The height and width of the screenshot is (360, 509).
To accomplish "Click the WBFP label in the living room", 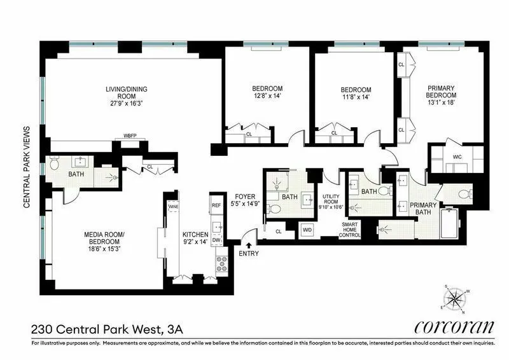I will point(130,136).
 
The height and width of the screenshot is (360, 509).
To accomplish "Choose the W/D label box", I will point(307,229).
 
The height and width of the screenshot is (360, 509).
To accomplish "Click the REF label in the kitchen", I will point(216,205).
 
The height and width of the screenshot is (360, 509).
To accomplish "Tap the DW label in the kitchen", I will point(216,240).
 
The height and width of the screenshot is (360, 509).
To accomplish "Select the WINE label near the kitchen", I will point(172,207).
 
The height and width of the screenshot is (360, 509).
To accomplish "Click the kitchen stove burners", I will point(223,263).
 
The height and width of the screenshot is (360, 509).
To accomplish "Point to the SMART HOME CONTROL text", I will point(351,230).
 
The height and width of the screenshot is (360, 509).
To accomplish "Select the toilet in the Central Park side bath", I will point(55,166).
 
